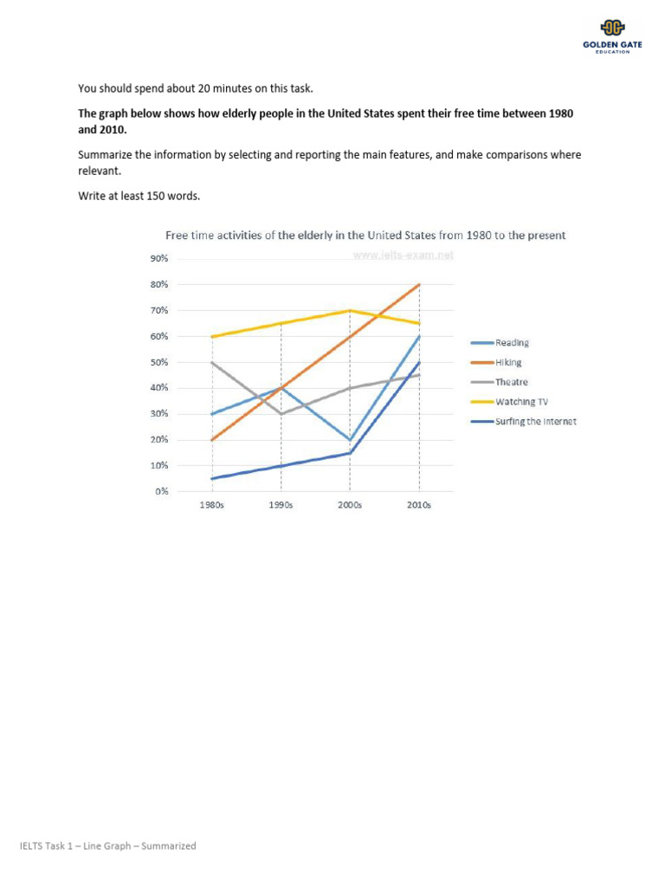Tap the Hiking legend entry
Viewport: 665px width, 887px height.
tap(498, 363)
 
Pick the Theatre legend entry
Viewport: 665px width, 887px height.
tap(500, 382)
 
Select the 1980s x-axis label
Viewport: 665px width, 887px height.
tap(212, 505)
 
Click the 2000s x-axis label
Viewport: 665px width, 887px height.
tap(350, 505)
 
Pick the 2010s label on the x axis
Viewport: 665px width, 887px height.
tap(419, 505)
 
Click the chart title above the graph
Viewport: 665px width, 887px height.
tap(365, 235)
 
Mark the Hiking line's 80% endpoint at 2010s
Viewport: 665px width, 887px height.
tap(420, 284)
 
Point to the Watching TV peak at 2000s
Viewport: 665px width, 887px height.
tap(350, 310)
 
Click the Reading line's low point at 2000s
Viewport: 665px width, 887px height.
tap(350, 440)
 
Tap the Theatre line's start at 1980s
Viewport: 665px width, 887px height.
tap(212, 362)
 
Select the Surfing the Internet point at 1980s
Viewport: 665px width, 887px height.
tap(212, 478)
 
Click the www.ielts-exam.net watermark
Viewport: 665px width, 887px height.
tap(404, 256)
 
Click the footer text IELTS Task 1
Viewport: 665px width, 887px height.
tap(109, 845)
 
